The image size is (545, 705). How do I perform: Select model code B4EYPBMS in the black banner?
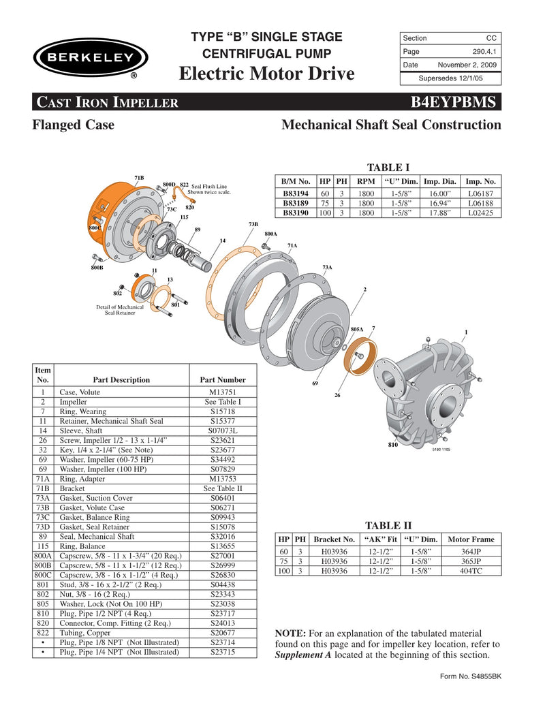(x=456, y=102)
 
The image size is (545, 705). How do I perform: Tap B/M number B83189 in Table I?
(x=296, y=203)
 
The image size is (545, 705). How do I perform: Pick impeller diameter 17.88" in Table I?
(x=439, y=213)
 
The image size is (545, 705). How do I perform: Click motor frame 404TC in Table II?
(x=471, y=571)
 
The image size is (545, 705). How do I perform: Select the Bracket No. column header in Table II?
(x=334, y=539)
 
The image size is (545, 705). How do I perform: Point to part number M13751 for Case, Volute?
(x=223, y=392)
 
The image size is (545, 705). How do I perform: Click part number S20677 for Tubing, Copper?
(x=223, y=633)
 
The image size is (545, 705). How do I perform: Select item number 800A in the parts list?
(x=43, y=556)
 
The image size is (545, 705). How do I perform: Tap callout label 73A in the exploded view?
(x=327, y=268)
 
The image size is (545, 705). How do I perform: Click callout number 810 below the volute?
(x=393, y=445)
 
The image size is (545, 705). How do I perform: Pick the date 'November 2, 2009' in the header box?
(x=467, y=65)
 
